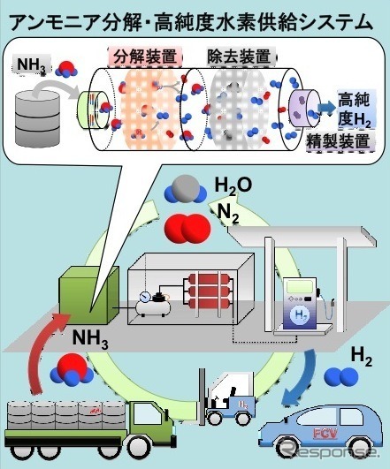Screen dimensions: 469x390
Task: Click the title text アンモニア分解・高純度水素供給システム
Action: (195, 15)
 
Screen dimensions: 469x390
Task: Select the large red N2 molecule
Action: (183, 225)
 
